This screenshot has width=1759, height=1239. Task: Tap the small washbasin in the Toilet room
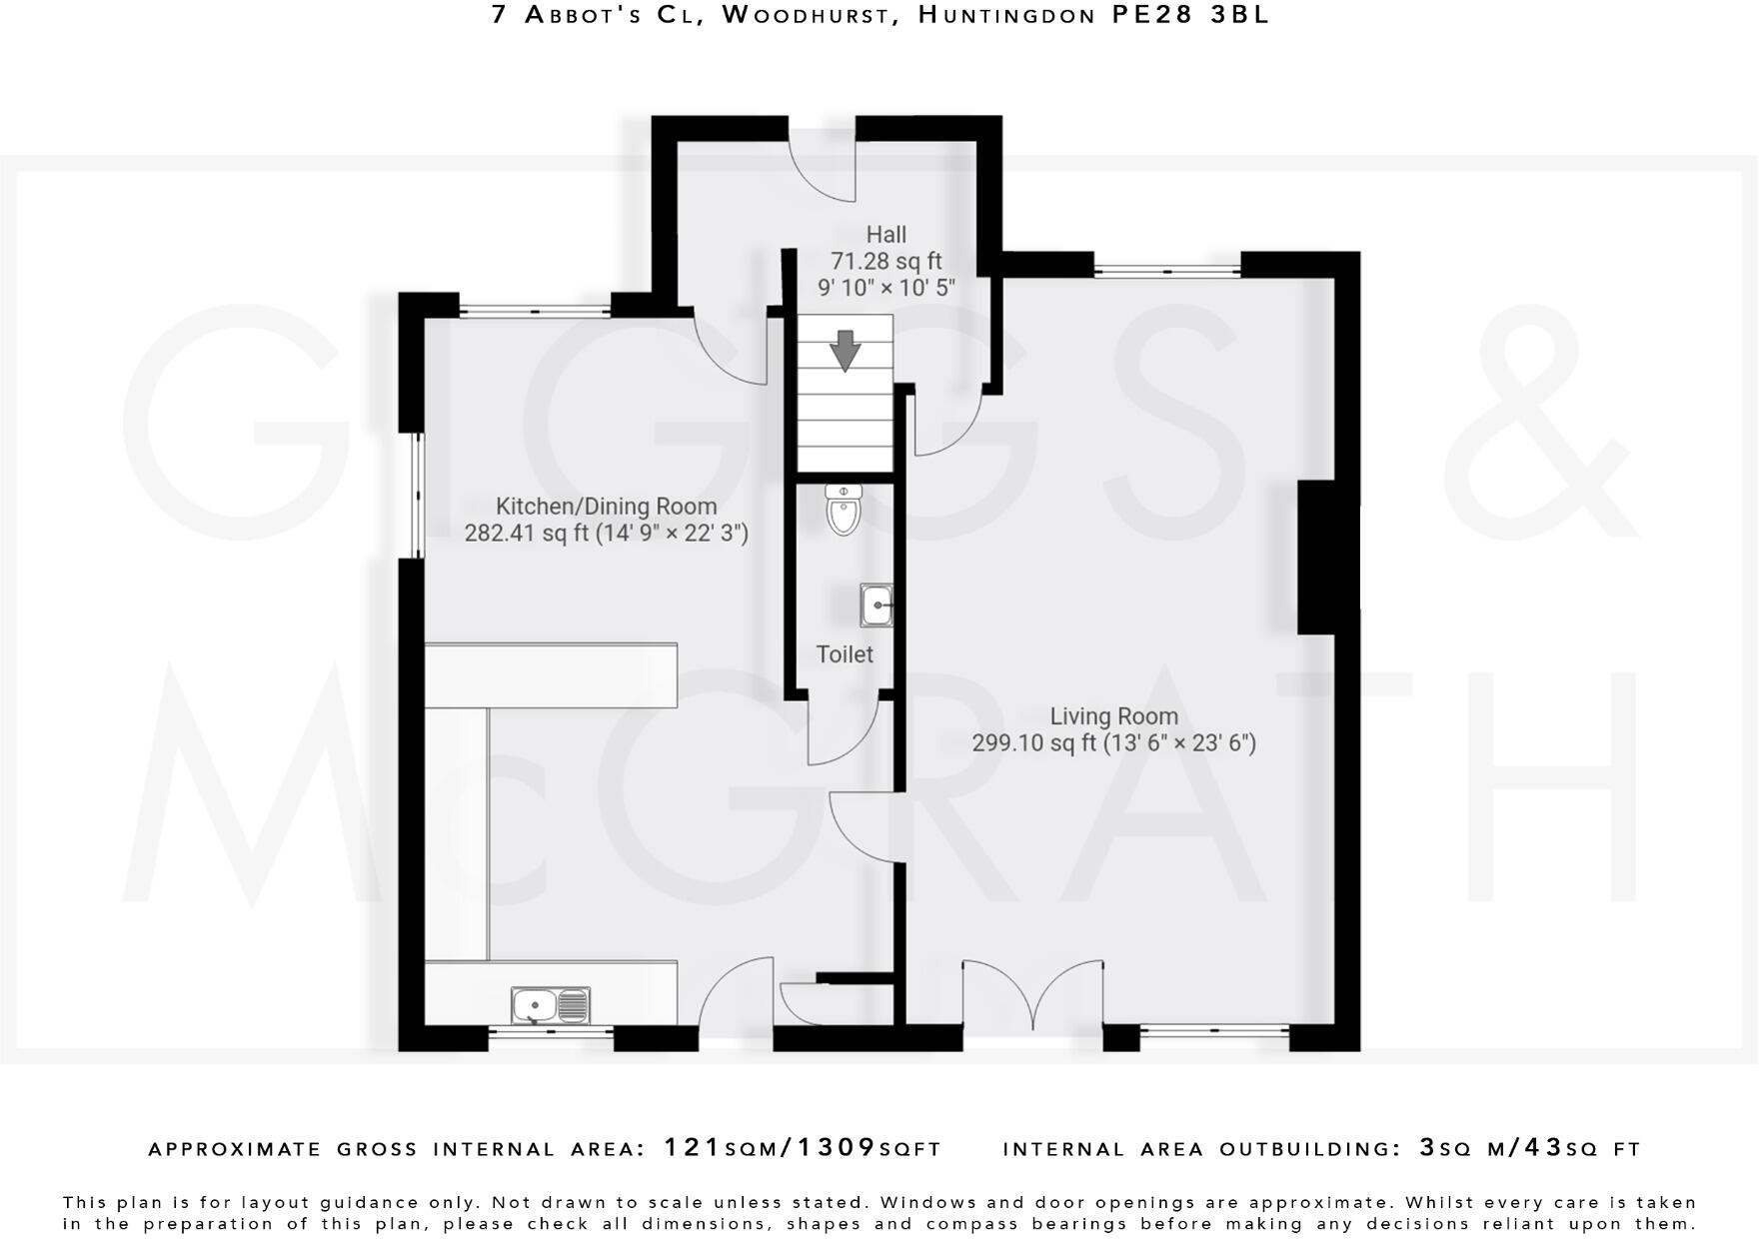tap(877, 606)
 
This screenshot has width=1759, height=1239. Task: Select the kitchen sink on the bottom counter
tap(551, 1005)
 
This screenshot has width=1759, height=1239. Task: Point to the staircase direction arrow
tap(846, 351)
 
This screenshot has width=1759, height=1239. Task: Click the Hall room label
tap(885, 235)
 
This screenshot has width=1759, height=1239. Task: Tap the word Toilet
tap(845, 654)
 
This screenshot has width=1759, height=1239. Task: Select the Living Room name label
tap(1113, 716)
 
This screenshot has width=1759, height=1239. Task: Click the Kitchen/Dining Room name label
tap(606, 507)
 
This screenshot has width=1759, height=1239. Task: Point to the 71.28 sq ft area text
tap(885, 262)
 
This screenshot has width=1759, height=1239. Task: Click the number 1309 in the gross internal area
tap(836, 1148)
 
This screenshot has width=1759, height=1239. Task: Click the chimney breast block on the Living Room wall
tap(1327, 558)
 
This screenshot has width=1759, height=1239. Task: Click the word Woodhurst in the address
tap(805, 15)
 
